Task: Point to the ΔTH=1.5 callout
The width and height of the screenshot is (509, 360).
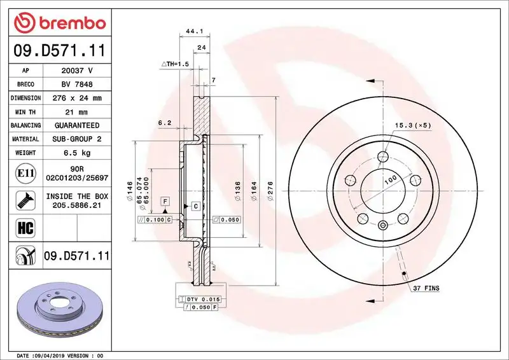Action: pos(175,64)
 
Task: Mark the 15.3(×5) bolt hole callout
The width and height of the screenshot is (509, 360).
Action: pos(412,125)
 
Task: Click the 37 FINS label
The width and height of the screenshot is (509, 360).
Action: pos(426,288)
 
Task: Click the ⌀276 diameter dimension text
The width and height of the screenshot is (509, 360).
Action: pos(270,191)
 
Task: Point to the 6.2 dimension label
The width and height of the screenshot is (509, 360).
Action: pos(164,123)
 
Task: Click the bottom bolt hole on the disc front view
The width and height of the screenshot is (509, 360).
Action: pos(382,225)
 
